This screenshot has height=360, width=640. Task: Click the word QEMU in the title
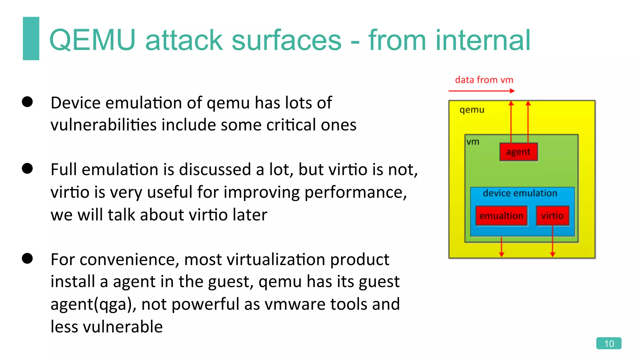pos(92,40)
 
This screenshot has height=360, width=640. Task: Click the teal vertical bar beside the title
pos(31,38)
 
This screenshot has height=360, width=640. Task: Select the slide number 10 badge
pos(608,343)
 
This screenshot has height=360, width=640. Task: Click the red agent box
pos(518,152)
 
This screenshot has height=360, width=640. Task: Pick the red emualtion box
pos(501,216)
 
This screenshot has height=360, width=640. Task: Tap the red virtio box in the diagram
pos(552,216)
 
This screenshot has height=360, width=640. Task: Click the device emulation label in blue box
pos(520,193)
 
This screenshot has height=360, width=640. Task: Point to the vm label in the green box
pos(473,142)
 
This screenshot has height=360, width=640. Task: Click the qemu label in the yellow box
pos(472,110)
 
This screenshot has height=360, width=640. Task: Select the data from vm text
pos(484,80)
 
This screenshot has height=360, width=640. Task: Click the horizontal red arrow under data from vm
pos(481,91)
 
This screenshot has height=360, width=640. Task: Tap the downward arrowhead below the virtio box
pos(552,254)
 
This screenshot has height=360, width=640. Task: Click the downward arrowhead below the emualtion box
pos(502,254)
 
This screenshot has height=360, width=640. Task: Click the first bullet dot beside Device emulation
pos(27,102)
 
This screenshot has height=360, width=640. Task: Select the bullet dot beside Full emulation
pos(27,168)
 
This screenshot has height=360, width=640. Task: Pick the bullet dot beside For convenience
pos(27,258)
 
